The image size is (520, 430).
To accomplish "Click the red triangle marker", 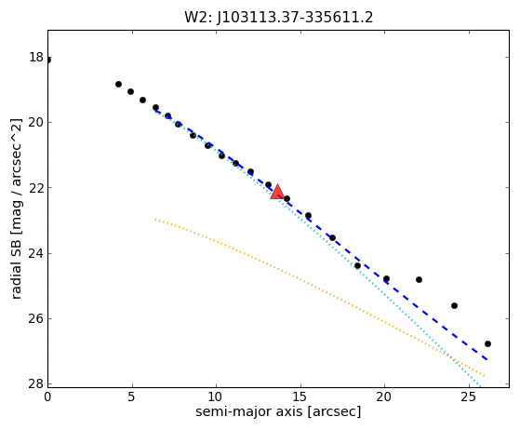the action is pos(277,192).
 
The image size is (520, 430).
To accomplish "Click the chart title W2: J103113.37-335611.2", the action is pos(278,18).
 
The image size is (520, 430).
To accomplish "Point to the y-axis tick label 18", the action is pos(36,57).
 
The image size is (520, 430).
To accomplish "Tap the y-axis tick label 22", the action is pos(36,188).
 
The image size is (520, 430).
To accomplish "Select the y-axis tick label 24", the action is pos(36,253).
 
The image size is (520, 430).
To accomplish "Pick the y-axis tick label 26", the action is pos(36,318).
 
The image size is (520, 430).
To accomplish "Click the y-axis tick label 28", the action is pos(36,383).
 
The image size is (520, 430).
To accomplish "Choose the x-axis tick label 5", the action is pos(132,396).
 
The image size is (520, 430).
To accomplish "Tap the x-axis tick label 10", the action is pos(216,396).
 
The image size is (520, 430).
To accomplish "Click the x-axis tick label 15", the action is pos(300,396).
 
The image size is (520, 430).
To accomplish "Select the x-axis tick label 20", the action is pos(384,396).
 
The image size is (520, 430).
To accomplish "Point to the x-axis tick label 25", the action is pos(468,396).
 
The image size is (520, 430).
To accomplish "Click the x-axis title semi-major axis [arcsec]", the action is pos(278,411).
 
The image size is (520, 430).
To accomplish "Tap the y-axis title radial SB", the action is pos(16,267).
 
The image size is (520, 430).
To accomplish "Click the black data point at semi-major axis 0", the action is pos(48,60).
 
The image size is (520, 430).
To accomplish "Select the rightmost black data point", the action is pos(487,343).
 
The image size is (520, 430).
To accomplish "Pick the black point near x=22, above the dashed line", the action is pos(419,280).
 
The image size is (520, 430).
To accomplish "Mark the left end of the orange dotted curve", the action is pos(155,220).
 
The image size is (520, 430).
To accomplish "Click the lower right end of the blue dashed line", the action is pos(487,359).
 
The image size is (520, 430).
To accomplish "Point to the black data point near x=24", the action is pos(454,305).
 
